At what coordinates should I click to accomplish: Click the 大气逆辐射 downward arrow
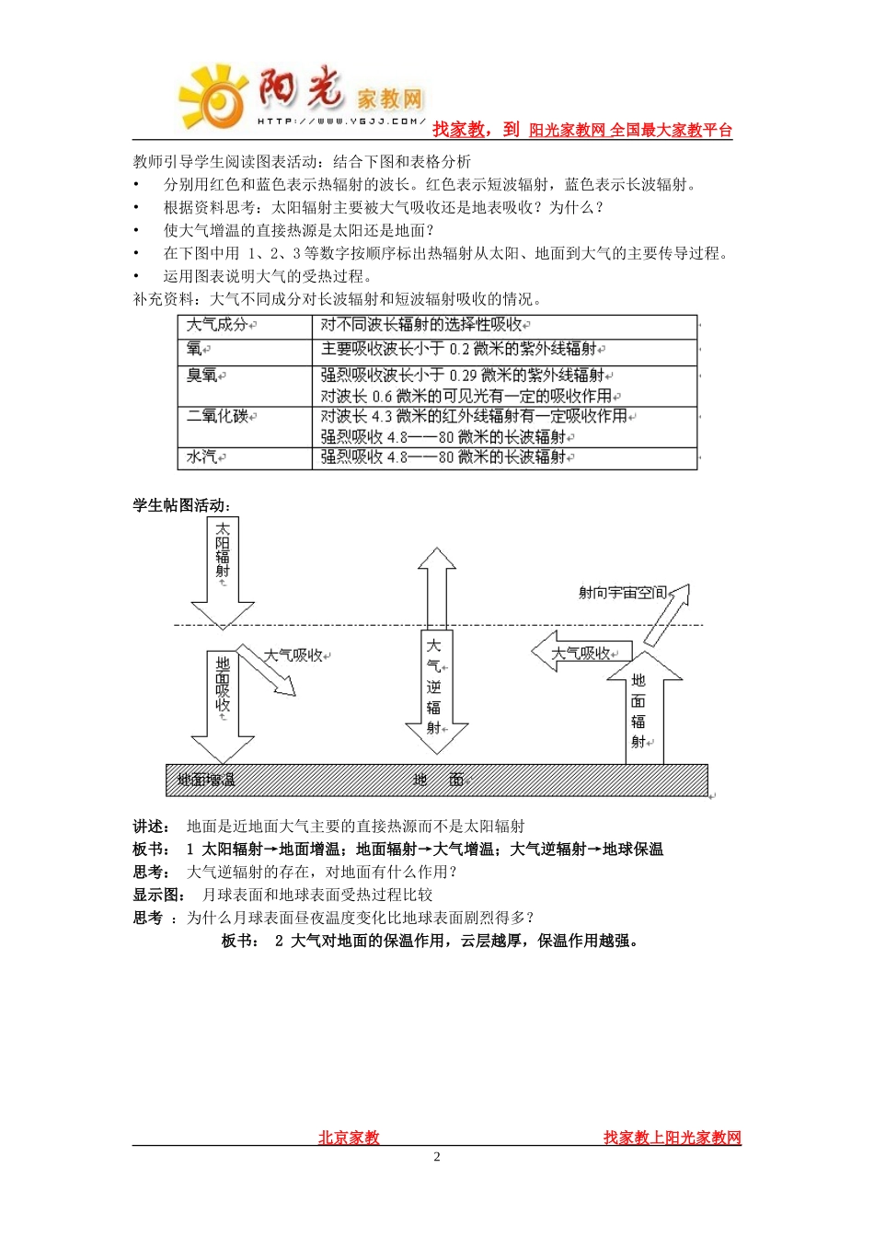436,690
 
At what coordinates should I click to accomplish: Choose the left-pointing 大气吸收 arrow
580,653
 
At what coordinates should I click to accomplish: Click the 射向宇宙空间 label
622,593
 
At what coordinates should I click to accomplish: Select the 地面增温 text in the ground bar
206,780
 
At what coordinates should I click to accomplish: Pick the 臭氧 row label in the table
203,376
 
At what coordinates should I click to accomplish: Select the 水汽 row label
203,457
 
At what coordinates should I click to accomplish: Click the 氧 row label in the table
195,350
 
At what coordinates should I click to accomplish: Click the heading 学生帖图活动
181,505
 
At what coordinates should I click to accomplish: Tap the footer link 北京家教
349,1138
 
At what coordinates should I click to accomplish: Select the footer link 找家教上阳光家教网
672,1138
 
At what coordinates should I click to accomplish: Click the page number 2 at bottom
437,1157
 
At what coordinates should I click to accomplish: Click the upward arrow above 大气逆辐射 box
436,587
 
